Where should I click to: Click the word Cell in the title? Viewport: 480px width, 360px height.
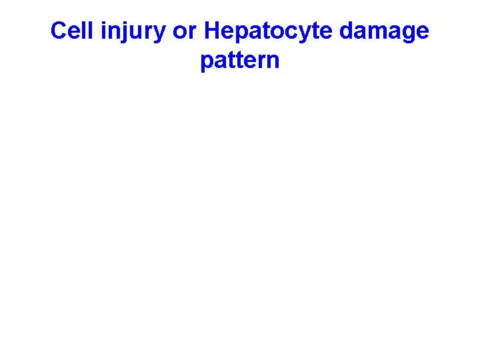pos(69,31)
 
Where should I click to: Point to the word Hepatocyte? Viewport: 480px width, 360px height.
pos(263,31)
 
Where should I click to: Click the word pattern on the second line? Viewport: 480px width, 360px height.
pos(239,61)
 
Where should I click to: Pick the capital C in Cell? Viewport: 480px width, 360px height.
pos(59,31)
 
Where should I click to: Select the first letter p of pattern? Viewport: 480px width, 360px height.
pos(207,63)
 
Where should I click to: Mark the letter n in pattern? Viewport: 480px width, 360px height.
pos(273,62)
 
